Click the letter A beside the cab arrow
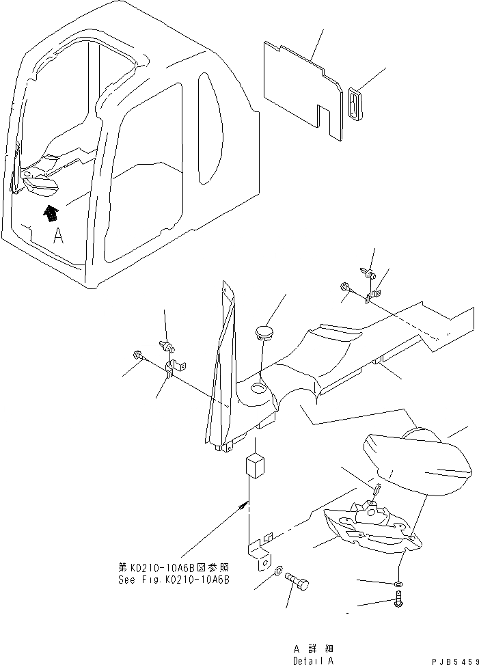coord(59,236)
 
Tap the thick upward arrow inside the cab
coord(51,214)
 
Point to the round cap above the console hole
coord(264,333)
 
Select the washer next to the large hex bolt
coord(278,571)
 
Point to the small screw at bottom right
coord(400,602)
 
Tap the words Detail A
coord(313,660)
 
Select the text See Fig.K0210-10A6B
coord(174,579)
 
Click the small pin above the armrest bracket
coord(377,491)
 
